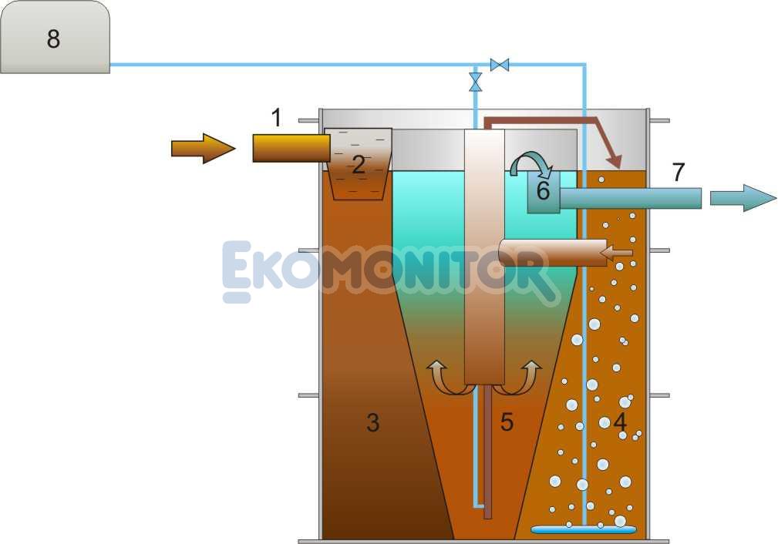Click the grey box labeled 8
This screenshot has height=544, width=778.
coord(55,37)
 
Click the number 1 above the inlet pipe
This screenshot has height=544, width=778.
coord(276,118)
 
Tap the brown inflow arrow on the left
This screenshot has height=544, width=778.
coord(203,148)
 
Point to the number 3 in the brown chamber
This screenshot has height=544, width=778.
coord(373,423)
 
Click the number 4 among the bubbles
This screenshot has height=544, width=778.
coord(620,422)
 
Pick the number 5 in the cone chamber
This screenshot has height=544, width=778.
coord(507,422)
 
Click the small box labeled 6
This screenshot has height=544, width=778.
coord(544,192)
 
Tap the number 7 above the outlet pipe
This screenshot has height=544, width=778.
coord(679,172)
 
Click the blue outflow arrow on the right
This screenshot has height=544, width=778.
coord(743,198)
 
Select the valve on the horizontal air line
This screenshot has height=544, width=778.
coord(499,65)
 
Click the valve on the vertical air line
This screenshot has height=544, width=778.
coord(475,82)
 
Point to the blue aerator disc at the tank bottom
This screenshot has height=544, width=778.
coord(584,529)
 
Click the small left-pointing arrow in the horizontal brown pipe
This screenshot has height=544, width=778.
coord(616,254)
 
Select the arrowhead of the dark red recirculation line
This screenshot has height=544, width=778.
coord(615,161)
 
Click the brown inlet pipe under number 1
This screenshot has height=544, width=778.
coord(291,148)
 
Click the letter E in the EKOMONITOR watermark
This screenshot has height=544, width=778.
coord(237,272)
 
